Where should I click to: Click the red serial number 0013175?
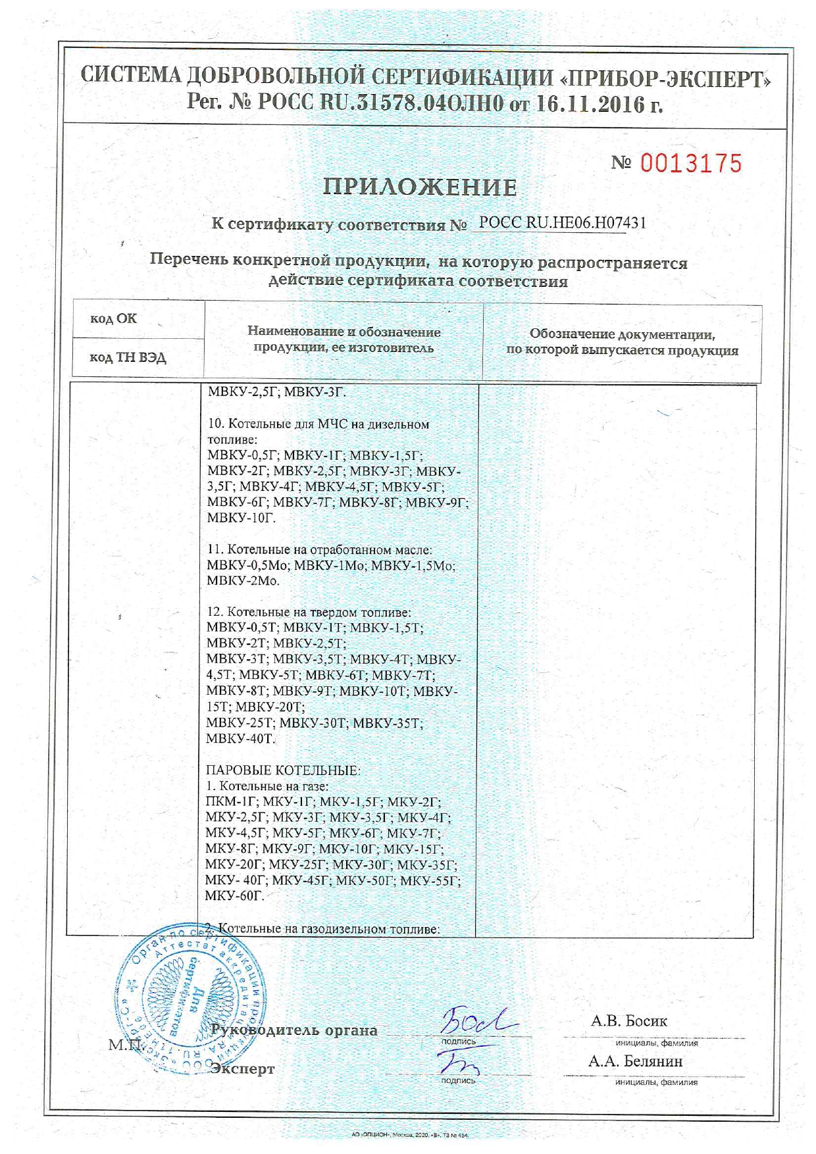(690, 163)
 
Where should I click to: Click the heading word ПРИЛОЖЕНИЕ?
(420, 188)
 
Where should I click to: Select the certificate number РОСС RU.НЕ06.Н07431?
(562, 223)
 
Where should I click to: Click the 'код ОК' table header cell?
(113, 319)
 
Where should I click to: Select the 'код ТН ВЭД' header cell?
(128, 358)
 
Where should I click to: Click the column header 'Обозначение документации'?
(622, 334)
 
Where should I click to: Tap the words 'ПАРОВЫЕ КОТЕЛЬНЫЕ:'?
(283, 770)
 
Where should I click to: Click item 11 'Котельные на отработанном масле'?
(320, 549)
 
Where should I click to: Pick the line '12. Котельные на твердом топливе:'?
(309, 612)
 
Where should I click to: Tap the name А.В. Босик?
(628, 1020)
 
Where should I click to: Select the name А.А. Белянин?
(635, 1061)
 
